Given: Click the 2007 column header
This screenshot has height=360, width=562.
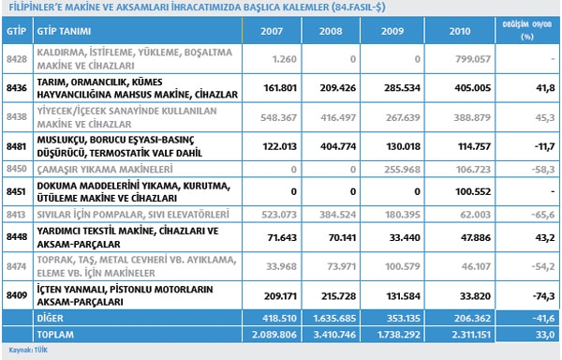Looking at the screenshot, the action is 272,31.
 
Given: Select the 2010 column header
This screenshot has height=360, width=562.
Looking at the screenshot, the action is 460,31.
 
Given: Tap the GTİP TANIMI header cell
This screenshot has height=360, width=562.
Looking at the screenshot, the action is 64,31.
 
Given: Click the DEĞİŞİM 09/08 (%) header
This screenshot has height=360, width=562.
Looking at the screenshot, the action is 526,30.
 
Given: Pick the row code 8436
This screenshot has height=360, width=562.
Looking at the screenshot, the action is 17,88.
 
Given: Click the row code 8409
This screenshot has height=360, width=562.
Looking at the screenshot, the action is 17,295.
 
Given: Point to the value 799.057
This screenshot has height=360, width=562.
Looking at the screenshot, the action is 473,59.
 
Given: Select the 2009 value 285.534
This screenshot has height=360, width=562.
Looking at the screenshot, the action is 402,88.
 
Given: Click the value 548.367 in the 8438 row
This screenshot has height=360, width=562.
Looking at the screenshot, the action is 278,117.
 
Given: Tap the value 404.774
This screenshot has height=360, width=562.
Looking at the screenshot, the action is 338,146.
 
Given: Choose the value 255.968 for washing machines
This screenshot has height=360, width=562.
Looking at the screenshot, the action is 402,170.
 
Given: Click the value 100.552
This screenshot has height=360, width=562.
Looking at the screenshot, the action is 473,192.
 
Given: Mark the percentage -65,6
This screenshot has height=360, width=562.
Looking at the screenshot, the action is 543,215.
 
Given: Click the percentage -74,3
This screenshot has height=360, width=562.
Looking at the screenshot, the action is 543,296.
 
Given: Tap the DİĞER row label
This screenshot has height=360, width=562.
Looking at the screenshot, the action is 51,318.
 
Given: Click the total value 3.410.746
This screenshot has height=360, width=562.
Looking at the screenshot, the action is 334,335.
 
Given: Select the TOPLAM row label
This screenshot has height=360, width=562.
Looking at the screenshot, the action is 55,335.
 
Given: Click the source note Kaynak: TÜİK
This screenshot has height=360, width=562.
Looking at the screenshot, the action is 28,350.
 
